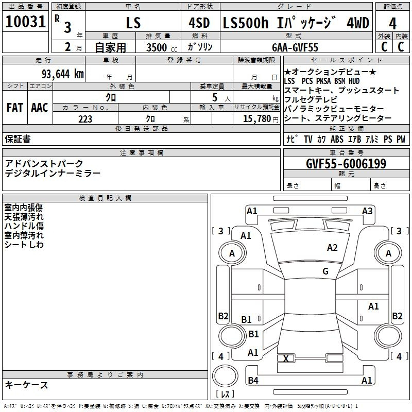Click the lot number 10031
[26, 23]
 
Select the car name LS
[133, 24]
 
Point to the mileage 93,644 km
[61, 74]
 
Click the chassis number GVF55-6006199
[346, 164]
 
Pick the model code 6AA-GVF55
[295, 47]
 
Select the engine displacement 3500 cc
[159, 47]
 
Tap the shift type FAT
[14, 108]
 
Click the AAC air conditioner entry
[39, 108]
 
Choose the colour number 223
[85, 119]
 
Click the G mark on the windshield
[325, 271]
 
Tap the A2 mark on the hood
[332, 248]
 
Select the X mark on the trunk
[286, 358]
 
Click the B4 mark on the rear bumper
[253, 381]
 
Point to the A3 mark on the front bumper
[367, 211]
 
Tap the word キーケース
[27, 385]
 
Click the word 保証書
[18, 139]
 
